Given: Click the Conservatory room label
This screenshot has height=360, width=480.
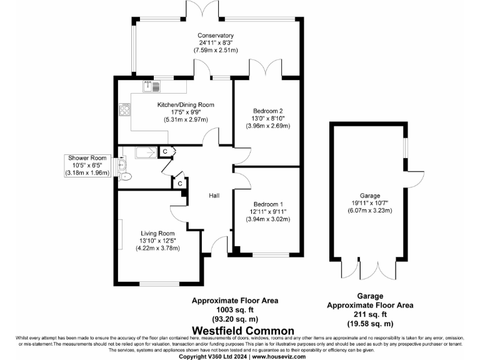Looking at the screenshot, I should (216, 36).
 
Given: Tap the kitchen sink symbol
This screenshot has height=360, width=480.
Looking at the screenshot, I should (149, 86).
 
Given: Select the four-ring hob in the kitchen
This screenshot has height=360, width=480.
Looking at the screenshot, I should (124, 110).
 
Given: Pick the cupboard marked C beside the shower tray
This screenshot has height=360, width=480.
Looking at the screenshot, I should (165, 151).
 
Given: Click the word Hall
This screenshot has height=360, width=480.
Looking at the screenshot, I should (214, 196).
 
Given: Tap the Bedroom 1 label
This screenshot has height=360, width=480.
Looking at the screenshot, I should (268, 204).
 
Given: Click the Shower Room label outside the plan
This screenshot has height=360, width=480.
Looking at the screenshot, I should (88, 157).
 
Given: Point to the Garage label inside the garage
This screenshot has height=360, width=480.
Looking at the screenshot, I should (369, 196).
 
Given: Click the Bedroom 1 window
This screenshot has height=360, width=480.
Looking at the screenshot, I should (271, 254).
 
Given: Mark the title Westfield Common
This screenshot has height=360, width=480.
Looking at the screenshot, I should (243, 331).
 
